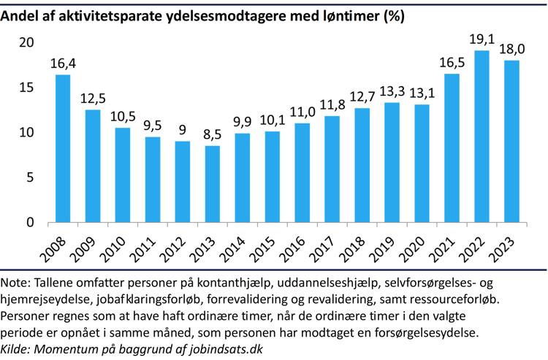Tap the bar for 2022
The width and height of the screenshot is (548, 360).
coord(482,137)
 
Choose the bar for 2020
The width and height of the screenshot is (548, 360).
coord(422,163)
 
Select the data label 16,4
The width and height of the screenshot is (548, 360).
coord(63,64)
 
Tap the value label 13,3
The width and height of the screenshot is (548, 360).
coord(392,92)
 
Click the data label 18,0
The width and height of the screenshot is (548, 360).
coord(511,50)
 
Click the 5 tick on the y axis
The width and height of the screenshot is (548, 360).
coord(30,177)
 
